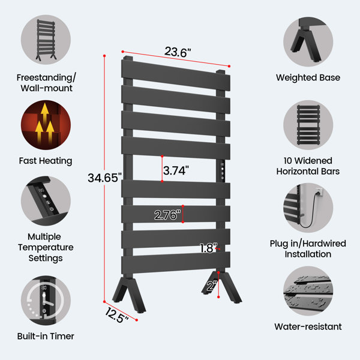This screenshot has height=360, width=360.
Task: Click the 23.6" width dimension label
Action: [x=178, y=52]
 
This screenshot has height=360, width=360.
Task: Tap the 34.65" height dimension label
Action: [x=104, y=178]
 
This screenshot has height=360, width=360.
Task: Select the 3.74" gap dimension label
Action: [x=176, y=170]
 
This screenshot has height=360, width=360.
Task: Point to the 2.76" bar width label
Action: [x=167, y=215]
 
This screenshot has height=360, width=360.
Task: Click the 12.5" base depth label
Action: [x=116, y=315]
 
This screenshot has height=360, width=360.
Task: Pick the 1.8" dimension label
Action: [x=208, y=248]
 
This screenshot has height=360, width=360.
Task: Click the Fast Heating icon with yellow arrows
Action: [x=46, y=125]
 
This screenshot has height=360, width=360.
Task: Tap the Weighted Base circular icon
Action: [x=308, y=42]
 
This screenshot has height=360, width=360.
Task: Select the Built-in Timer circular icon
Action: [x=46, y=301]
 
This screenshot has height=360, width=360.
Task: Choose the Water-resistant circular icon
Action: [x=308, y=291]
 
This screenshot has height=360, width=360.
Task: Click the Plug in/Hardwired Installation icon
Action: [x=308, y=208]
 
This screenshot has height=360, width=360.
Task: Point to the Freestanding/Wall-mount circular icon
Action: [x=46, y=40]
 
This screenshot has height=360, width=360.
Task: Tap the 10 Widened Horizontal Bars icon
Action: [x=308, y=125]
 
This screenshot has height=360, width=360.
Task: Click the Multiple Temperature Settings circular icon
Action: [x=46, y=201]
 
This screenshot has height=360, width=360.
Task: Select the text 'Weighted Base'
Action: [x=308, y=77]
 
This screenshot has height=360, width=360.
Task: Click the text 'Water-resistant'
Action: [x=308, y=326]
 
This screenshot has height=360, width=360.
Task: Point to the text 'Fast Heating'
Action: [x=46, y=161]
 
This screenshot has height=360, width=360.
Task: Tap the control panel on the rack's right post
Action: [x=222, y=171]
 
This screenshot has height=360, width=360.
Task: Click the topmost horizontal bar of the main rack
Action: [x=176, y=75]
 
